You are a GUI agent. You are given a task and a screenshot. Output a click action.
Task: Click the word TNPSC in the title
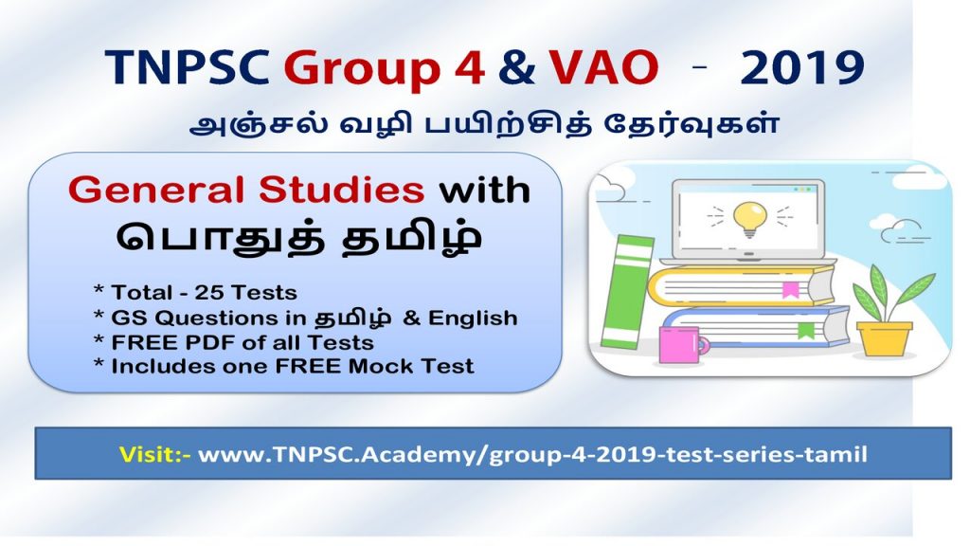coord(187,67)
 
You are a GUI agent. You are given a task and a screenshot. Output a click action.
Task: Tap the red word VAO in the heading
coord(603,67)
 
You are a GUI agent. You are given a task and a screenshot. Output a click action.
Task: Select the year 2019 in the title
coord(801,67)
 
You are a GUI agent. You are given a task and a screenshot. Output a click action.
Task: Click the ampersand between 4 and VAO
coord(516,67)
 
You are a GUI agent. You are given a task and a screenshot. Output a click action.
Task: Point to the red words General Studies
coord(246,190)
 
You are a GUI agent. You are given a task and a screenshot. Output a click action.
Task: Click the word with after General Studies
coord(484,190)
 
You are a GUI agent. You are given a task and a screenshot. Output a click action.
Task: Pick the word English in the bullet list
coord(473,318)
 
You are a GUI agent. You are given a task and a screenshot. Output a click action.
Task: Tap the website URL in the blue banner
coord(532,454)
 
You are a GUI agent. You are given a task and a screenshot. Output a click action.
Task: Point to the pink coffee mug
coord(682,344)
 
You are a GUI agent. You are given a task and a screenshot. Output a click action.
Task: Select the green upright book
coord(627,292)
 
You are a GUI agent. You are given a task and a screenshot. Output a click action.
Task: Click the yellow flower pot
coord(884,338)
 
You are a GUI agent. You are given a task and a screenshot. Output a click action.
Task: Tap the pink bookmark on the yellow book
coord(791,290)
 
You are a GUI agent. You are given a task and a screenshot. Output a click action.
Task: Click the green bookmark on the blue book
coord(805,331)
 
